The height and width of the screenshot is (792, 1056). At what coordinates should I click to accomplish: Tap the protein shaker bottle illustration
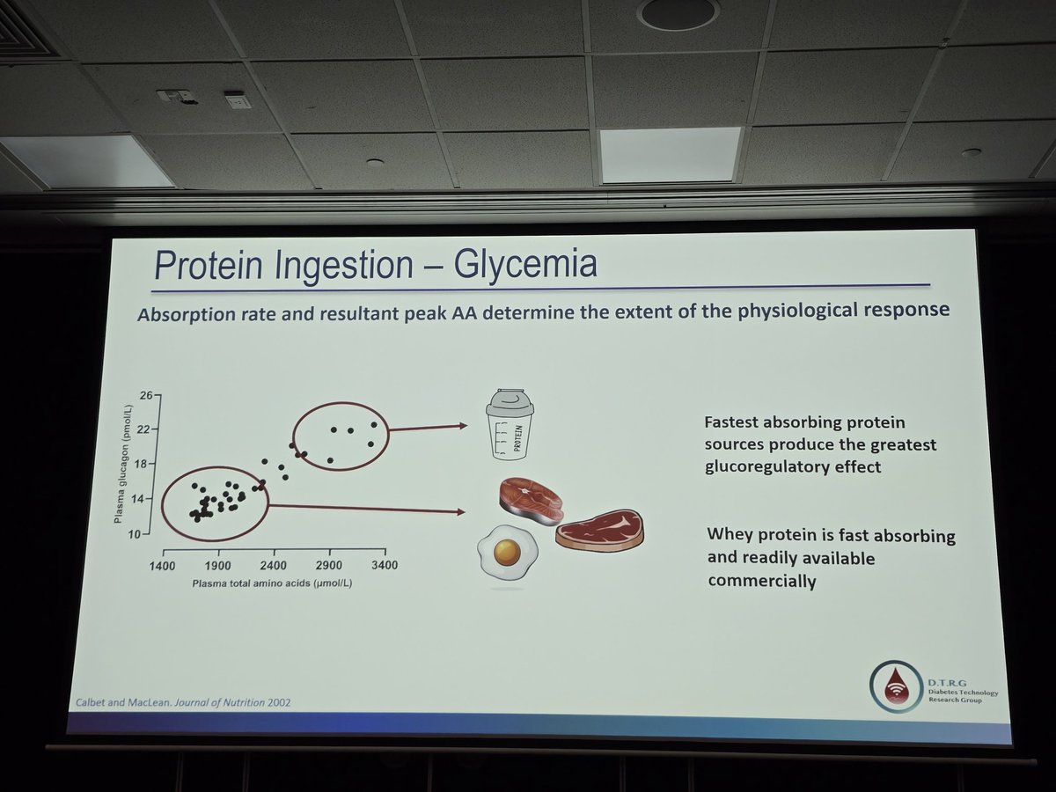coord(511,426)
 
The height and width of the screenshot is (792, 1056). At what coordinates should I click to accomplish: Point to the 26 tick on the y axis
coord(146,395)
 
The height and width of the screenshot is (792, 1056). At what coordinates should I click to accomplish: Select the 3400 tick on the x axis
coord(385,564)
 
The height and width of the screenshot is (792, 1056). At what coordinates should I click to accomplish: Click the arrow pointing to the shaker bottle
coord(428,428)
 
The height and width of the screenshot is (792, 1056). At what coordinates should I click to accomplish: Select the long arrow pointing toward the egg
coord(365,508)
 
